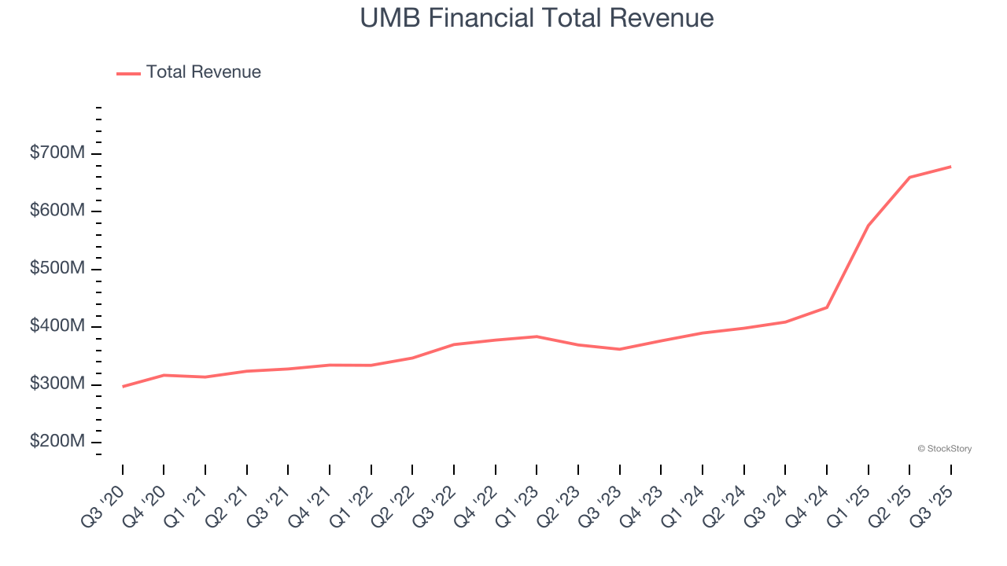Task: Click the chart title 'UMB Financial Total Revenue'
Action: click(x=537, y=18)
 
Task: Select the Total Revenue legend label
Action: click(x=203, y=72)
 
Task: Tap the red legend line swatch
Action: click(x=128, y=73)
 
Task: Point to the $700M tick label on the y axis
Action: click(x=57, y=153)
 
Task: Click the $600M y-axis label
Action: click(x=57, y=211)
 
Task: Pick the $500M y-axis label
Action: click(x=57, y=269)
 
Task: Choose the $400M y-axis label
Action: click(x=57, y=326)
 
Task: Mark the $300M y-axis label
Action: click(x=57, y=384)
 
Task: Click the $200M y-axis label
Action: click(x=57, y=442)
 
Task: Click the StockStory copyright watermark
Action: click(x=944, y=449)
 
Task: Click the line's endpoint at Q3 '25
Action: click(x=950, y=167)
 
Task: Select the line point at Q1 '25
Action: click(x=868, y=226)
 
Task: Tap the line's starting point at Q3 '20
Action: click(x=123, y=387)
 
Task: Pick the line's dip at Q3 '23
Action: click(x=619, y=349)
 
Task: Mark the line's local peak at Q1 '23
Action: click(x=537, y=336)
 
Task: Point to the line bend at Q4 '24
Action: click(x=826, y=307)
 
